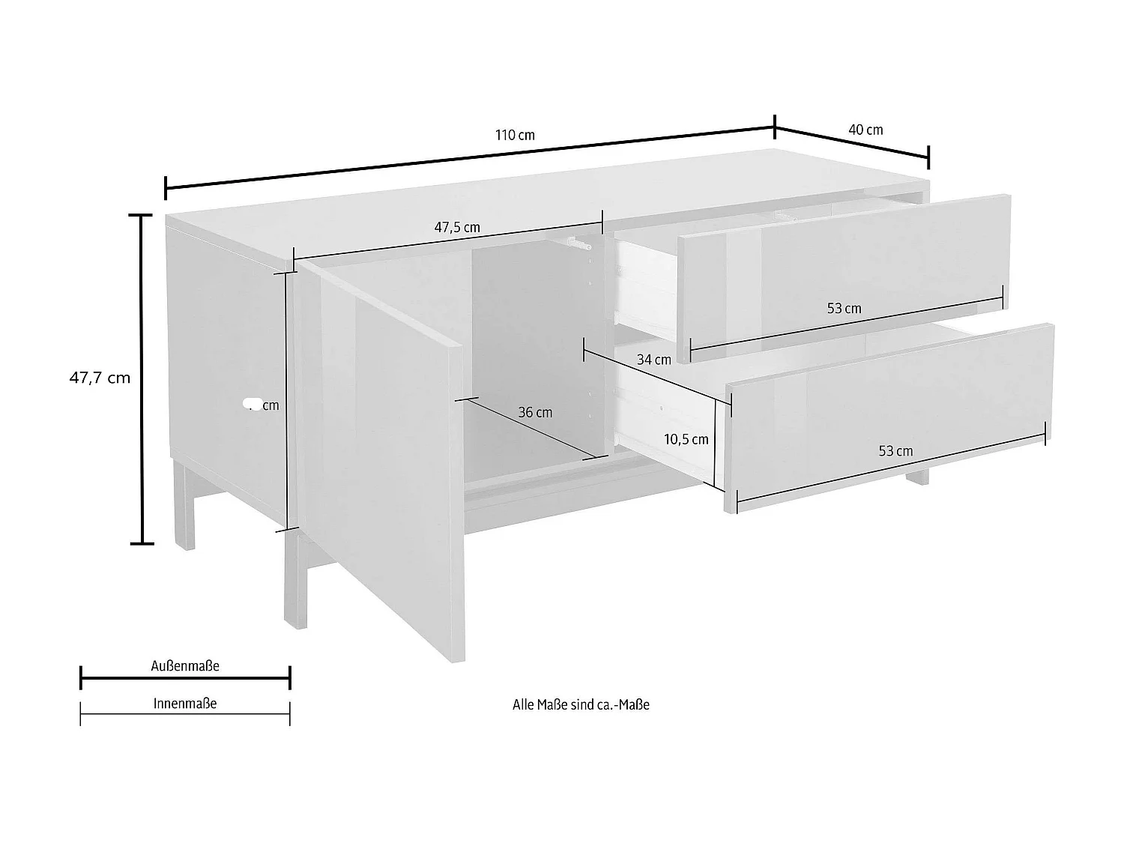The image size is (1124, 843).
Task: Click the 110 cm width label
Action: click(x=515, y=136)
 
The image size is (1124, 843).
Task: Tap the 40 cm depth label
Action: click(x=865, y=130)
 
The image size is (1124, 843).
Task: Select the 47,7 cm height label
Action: click(x=100, y=378)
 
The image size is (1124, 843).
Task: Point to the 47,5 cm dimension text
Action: click(x=457, y=228)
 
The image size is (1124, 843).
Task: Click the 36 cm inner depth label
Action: click(x=535, y=412)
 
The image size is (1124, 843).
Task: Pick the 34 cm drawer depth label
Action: click(x=653, y=360)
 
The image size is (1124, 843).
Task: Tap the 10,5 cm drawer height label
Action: click(x=686, y=439)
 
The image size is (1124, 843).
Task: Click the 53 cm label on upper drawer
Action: click(x=844, y=309)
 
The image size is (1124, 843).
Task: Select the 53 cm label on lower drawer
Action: click(x=895, y=451)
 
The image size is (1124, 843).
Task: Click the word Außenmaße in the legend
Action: click(x=185, y=665)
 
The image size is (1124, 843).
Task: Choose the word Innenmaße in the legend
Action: click(x=185, y=704)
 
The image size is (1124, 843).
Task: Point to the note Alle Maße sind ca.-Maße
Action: click(x=581, y=704)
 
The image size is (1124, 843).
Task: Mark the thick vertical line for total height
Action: click(x=142, y=378)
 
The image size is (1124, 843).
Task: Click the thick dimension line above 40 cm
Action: click(x=852, y=144)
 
